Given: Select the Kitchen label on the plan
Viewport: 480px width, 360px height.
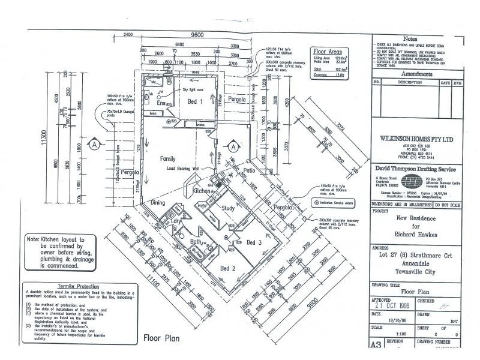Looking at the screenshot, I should [x=202, y=191].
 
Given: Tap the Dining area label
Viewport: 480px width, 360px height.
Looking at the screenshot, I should [x=157, y=203].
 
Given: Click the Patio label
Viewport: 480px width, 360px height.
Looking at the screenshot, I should [x=250, y=170].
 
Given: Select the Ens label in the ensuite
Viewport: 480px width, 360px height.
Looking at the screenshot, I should [x=146, y=102].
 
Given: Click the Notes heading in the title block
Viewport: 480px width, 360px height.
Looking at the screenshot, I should [x=419, y=38].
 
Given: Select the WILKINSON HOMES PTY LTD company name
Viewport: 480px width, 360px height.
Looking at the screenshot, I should [x=418, y=139].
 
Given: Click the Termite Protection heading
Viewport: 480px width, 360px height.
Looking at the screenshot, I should [x=70, y=287].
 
